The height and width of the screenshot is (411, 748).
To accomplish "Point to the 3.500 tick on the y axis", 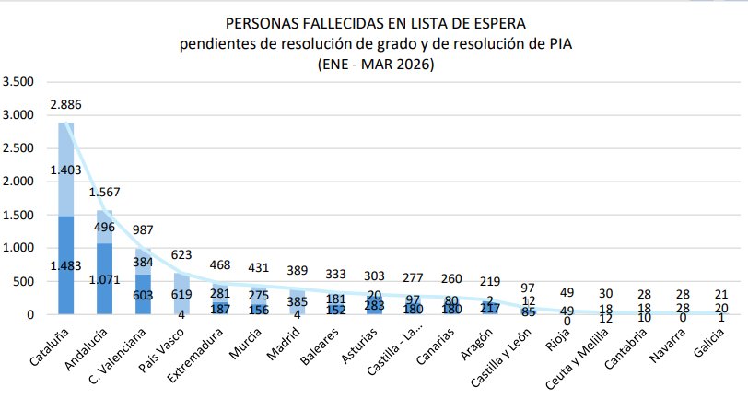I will (x=19, y=82).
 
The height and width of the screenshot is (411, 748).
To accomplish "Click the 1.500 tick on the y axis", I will (x=19, y=215).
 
